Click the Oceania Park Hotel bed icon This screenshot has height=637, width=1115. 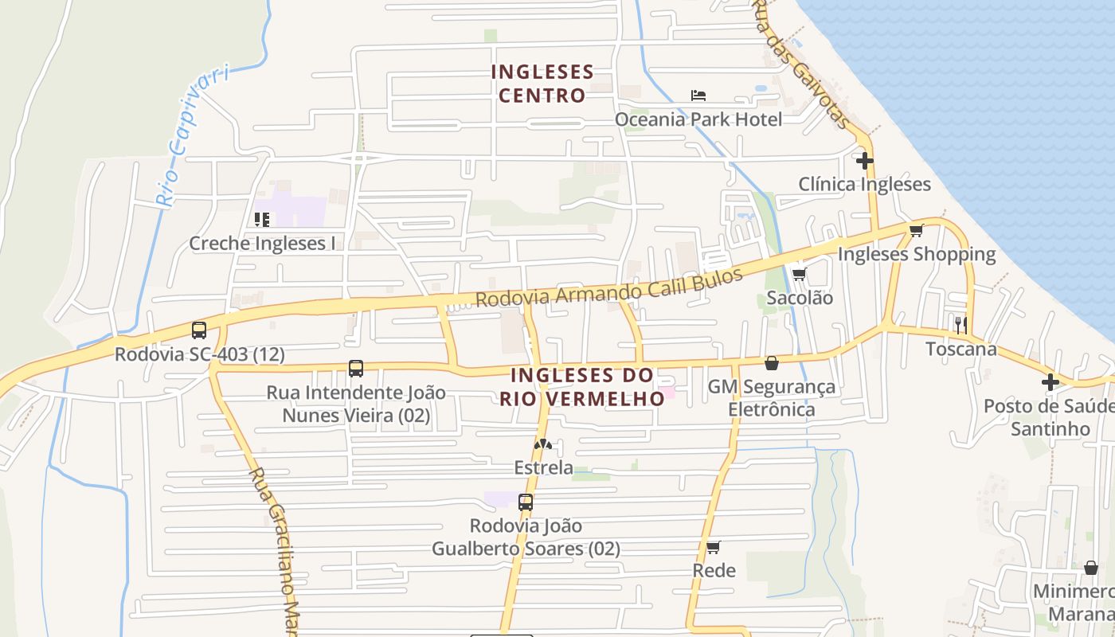698,96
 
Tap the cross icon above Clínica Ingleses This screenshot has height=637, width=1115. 864,161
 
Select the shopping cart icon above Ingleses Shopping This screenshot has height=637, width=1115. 916,231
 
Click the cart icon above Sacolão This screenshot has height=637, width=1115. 799,275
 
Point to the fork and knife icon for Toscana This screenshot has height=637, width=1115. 961,324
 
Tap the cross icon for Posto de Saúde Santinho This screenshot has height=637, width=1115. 1050,382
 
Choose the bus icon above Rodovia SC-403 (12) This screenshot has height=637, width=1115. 199,330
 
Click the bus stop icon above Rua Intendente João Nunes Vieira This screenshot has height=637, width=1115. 356,369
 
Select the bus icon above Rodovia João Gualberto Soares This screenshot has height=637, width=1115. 526,502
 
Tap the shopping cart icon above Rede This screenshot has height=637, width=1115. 714,547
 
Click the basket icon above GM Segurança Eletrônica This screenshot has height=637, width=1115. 772,363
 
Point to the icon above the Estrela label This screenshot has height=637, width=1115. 543,444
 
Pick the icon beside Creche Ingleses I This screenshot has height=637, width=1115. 261,219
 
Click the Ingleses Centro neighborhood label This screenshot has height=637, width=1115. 542,84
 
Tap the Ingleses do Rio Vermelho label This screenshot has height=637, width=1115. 582,386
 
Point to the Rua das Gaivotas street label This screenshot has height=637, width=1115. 801,64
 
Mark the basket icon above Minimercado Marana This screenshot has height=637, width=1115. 1091,568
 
